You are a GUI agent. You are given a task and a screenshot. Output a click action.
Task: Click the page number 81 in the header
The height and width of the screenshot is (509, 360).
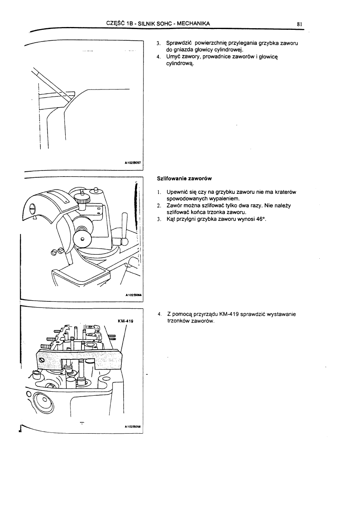pos(300,24)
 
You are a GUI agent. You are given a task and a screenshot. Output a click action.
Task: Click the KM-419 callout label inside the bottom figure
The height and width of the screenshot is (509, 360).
pos(125,321)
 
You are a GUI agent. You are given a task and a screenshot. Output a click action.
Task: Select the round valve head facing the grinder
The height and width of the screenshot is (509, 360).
pos(83,238)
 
